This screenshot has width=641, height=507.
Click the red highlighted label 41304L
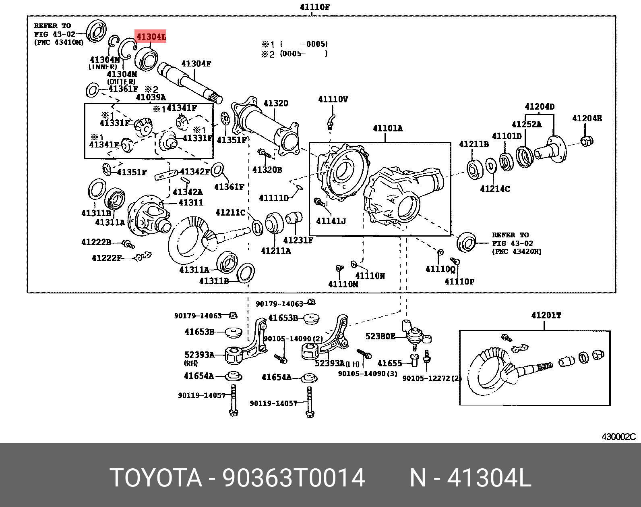point(151,37)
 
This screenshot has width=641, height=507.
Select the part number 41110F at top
point(315,7)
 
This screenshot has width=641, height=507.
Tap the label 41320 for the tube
point(276,103)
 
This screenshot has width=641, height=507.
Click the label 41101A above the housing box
point(387,129)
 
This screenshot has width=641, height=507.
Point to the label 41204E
point(587,118)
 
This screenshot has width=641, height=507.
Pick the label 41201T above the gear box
point(546,316)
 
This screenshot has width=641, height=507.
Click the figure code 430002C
point(618,437)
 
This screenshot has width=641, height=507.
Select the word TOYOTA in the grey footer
point(155,478)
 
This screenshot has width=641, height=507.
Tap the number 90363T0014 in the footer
point(294,478)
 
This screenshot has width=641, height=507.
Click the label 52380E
point(380,336)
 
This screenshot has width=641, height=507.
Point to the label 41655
point(389,364)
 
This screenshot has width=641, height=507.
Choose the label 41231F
point(298,240)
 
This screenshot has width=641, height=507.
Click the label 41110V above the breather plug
point(333,99)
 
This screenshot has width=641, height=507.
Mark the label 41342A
point(188,192)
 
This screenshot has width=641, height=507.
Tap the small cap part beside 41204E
point(587,141)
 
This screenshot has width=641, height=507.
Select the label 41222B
point(96,242)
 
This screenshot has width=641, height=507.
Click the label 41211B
point(474,144)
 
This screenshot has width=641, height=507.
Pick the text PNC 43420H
point(517,251)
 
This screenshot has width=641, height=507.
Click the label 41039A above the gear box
point(151,97)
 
